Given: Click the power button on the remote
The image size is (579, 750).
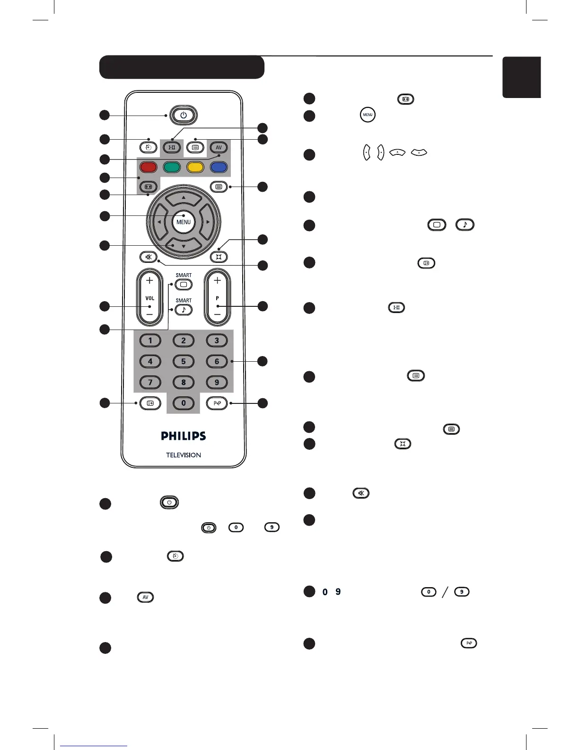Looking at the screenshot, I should pyautogui.click(x=184, y=115).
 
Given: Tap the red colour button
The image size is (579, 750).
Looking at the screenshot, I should pyautogui.click(x=148, y=167).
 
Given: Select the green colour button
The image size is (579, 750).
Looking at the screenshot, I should pyautogui.click(x=172, y=167).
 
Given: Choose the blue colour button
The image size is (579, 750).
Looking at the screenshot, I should pyautogui.click(x=219, y=167).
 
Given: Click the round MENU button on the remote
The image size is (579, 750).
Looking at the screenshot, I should pyautogui.click(x=184, y=222).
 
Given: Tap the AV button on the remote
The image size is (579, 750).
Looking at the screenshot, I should pyautogui.click(x=219, y=147).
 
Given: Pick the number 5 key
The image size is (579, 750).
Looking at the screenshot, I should pyautogui.click(x=184, y=361).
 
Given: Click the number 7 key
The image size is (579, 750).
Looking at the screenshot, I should pyautogui.click(x=150, y=382).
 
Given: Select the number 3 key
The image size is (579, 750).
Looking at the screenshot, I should pyautogui.click(x=217, y=340).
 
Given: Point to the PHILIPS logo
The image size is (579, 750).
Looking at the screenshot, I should pyautogui.click(x=184, y=436).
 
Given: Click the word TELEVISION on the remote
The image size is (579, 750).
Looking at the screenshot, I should pyautogui.click(x=184, y=455).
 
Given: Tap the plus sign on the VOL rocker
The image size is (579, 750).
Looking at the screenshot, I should pyautogui.click(x=149, y=281).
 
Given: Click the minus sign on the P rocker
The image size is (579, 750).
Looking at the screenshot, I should pyautogui.click(x=217, y=314).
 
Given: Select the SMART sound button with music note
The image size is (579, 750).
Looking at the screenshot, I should pyautogui.click(x=184, y=310).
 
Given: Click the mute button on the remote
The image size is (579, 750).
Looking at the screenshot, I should pyautogui.click(x=149, y=257).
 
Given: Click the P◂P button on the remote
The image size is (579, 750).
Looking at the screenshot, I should pyautogui.click(x=217, y=403).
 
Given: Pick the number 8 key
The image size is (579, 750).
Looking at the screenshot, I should pyautogui.click(x=184, y=382).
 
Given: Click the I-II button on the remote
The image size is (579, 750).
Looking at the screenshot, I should pyautogui.click(x=172, y=147).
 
